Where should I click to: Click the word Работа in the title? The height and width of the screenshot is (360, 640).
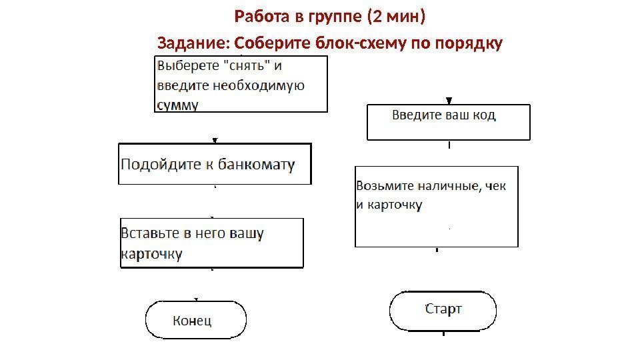(257, 15)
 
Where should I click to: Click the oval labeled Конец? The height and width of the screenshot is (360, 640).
(195, 321)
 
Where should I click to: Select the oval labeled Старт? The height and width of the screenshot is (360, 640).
(443, 310)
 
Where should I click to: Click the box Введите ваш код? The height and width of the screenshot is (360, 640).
(449, 121)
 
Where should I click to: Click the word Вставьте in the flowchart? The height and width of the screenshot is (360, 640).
(151, 233)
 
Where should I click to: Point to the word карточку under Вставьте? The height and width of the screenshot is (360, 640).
(151, 253)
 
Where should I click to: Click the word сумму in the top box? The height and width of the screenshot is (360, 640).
(177, 105)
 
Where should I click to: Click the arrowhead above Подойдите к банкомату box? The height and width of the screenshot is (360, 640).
(215, 140)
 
